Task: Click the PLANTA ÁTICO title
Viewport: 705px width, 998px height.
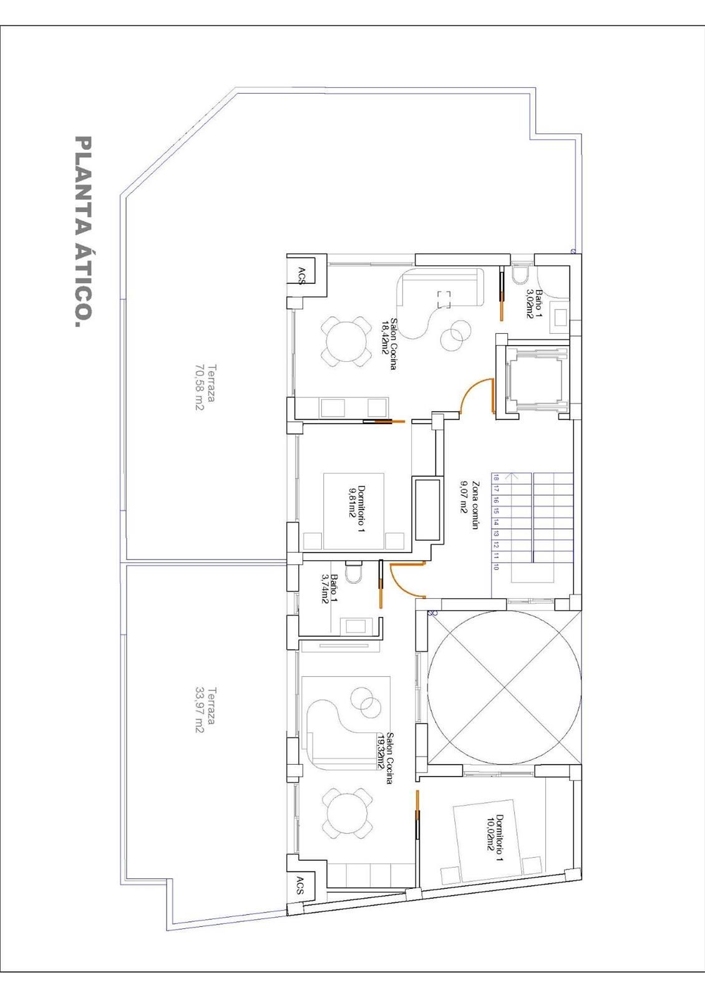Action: click(84, 231)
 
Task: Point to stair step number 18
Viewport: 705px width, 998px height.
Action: click(496, 478)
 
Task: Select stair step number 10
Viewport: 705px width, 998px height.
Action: click(496, 567)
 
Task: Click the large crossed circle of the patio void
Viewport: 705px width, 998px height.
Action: click(504, 687)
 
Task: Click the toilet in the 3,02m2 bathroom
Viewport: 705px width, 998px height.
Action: click(520, 274)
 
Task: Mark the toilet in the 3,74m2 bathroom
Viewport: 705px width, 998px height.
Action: click(354, 573)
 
